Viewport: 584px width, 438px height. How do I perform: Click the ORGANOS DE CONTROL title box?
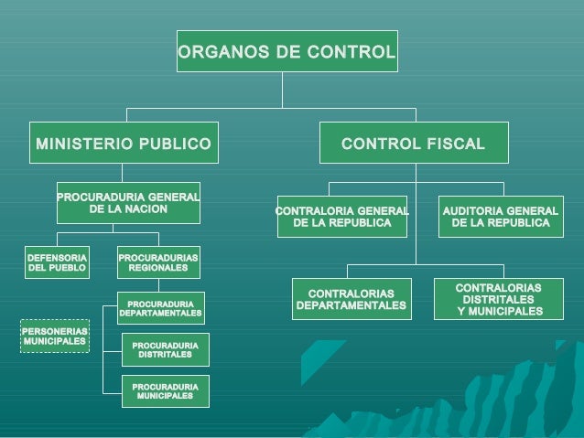pyautogui.click(x=287, y=52)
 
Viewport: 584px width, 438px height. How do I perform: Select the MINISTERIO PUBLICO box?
pyautogui.click(x=124, y=144)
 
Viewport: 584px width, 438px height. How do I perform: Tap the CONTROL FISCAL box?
pyautogui.click(x=413, y=144)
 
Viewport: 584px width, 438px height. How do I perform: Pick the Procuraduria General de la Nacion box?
pyautogui.click(x=128, y=203)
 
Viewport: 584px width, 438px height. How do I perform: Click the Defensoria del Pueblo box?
pyautogui.click(x=57, y=263)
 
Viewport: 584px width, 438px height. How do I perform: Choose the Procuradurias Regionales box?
pyautogui.click(x=158, y=263)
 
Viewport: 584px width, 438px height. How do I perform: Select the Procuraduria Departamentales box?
pyautogui.click(x=160, y=308)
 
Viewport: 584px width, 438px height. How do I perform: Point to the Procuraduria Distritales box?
pyautogui.click(x=165, y=349)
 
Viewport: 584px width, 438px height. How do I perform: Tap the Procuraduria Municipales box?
pyautogui.click(x=165, y=391)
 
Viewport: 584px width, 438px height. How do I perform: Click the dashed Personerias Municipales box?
pyautogui.click(x=55, y=336)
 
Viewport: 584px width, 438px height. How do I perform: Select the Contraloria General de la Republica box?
pyautogui.click(x=341, y=218)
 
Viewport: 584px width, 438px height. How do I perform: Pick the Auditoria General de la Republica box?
pyautogui.click(x=500, y=218)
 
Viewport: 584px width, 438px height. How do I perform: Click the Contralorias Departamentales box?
pyautogui.click(x=351, y=298)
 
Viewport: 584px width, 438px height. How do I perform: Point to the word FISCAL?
pyautogui.click(x=454, y=144)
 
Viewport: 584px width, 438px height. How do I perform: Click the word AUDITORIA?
pyautogui.click(x=472, y=211)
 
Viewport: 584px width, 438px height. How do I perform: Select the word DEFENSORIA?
pyautogui.click(x=57, y=258)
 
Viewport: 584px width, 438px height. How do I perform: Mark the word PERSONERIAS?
pyautogui.click(x=55, y=330)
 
